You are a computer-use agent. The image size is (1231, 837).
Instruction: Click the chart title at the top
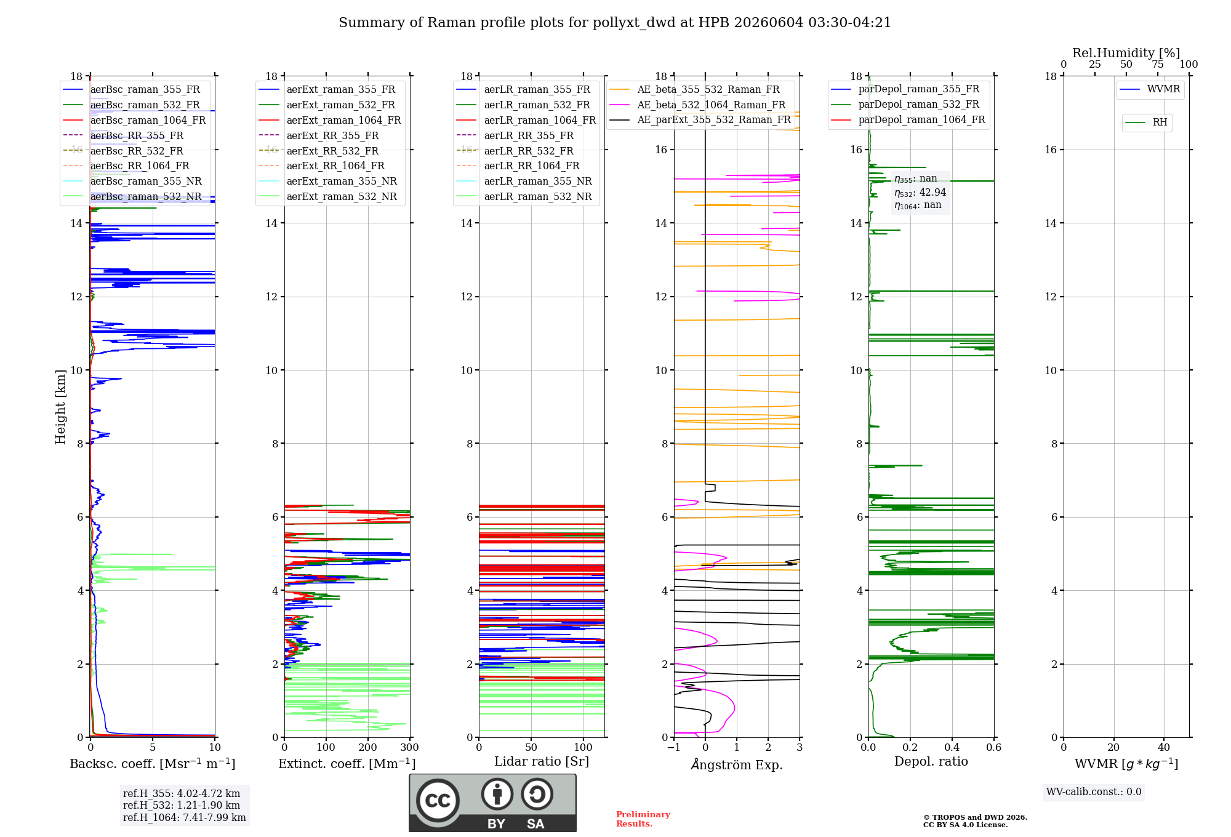[615, 23]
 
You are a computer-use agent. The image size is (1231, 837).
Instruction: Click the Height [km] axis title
[60, 407]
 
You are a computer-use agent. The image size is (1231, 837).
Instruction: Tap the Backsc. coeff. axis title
[153, 764]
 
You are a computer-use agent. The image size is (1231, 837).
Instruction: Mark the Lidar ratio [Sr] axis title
[542, 762]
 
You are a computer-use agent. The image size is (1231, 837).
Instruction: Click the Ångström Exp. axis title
[737, 764]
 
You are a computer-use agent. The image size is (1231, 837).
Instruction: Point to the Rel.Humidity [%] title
[1126, 53]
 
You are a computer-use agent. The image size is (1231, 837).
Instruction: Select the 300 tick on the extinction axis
[410, 747]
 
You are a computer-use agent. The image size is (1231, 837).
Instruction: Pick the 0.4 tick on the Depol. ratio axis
[952, 747]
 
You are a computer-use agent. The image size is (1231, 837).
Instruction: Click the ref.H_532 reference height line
[182, 805]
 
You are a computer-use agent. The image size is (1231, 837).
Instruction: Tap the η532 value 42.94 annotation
[920, 192]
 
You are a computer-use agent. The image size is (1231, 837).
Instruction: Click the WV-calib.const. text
[1094, 792]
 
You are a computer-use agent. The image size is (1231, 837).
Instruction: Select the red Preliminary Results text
[643, 819]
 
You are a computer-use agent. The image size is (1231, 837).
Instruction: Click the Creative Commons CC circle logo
[438, 800]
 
